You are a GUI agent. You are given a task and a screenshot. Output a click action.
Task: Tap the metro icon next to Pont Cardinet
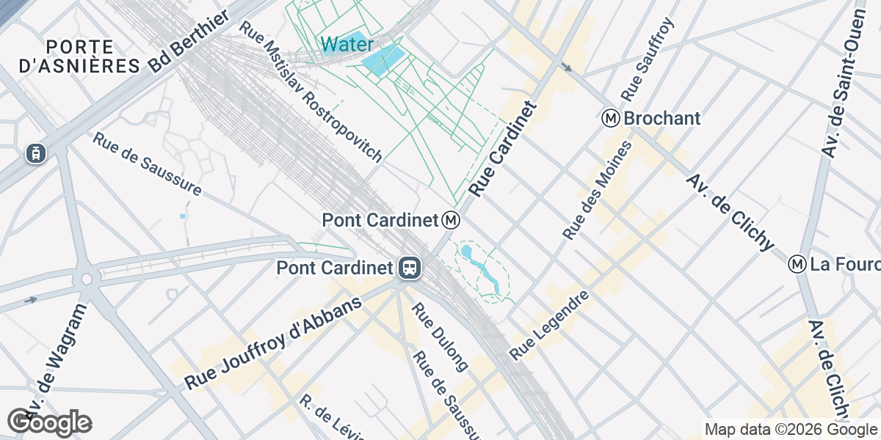click(x=452, y=219)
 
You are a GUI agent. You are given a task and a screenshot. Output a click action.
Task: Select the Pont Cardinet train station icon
click(x=409, y=268)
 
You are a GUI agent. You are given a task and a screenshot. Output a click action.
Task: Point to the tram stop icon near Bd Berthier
click(x=35, y=153)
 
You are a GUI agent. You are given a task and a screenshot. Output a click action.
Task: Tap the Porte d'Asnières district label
click(x=79, y=56)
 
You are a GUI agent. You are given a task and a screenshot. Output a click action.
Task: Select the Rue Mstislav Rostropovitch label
click(x=311, y=91)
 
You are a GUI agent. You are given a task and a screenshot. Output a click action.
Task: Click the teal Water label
click(x=347, y=45)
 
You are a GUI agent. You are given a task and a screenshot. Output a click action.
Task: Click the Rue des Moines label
click(x=598, y=190)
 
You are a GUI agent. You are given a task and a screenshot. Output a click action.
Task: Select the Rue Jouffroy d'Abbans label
click(x=275, y=345)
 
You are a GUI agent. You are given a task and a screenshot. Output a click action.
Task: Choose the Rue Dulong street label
click(x=440, y=337)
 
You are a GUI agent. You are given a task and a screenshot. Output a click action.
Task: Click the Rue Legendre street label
click(x=550, y=326)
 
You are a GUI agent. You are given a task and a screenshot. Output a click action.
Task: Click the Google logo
click(x=50, y=422)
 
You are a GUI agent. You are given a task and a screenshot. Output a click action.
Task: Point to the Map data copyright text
click(x=791, y=430)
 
